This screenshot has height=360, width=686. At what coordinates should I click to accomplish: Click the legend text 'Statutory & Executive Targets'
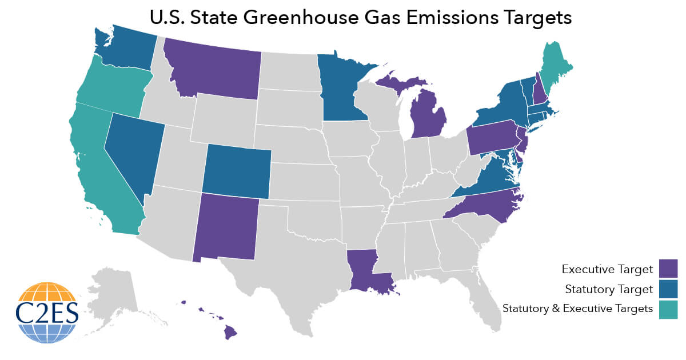click(577, 309)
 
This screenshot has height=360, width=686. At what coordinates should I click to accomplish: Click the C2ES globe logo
click(47, 312)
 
